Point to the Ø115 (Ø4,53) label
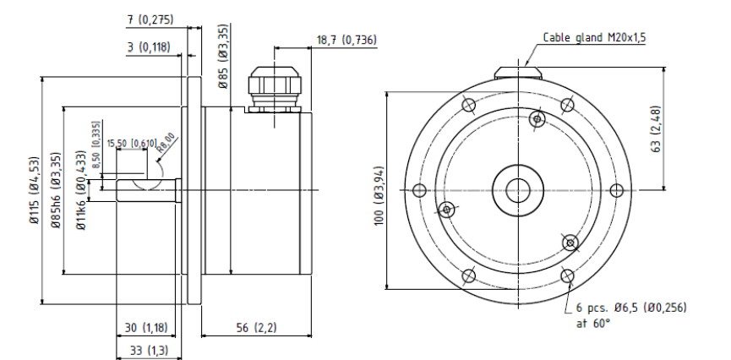tap(35, 190)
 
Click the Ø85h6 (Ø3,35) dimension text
tap(57, 190)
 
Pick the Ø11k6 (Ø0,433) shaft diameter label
tap(81, 190)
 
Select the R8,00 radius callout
tap(166, 143)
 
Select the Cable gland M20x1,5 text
tap(594, 38)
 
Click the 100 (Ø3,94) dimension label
tap(379, 196)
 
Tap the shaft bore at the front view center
tap(518, 190)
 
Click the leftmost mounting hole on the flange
tap(419, 190)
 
